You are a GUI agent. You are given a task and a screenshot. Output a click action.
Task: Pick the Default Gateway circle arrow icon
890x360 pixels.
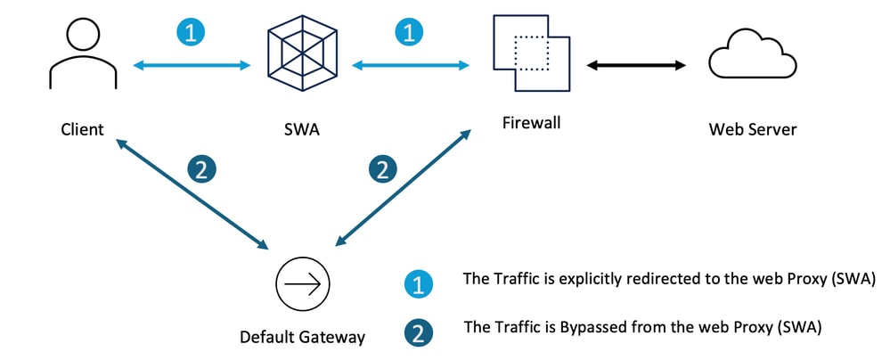tap(302, 285)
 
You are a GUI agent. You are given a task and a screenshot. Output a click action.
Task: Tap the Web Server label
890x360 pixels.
tap(752, 130)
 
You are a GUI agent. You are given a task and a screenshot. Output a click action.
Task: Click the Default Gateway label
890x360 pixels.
tap(302, 337)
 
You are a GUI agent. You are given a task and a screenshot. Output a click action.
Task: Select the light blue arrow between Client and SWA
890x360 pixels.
tap(192, 65)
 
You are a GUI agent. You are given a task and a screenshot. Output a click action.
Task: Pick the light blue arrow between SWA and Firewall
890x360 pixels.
tap(411, 65)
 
